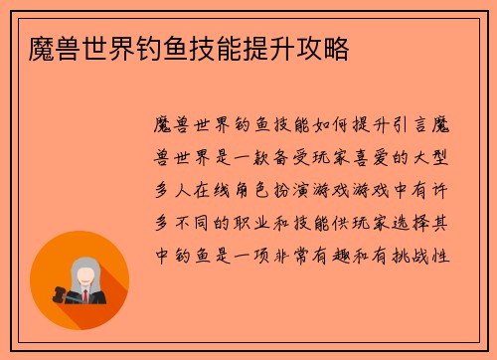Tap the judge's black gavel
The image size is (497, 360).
pos(59,296)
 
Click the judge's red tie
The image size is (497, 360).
pos(85,296)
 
